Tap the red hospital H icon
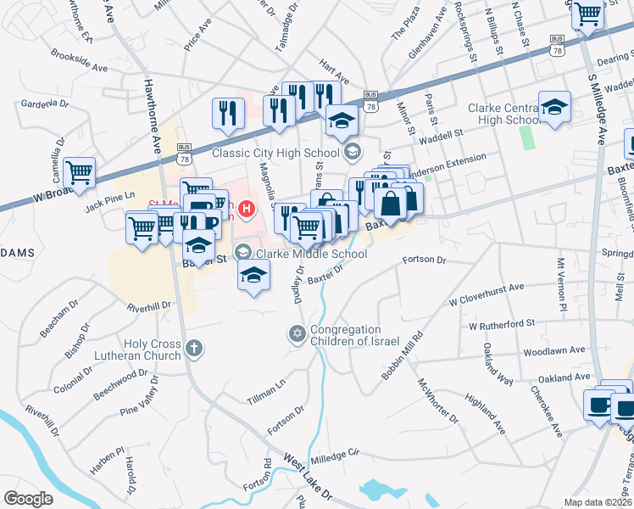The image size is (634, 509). pyautogui.click(x=247, y=206)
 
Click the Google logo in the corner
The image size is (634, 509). pyautogui.click(x=29, y=499)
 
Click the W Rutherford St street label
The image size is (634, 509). pyautogui.click(x=502, y=324)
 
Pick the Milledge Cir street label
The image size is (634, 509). pyautogui.click(x=335, y=456)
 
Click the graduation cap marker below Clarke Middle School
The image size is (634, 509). pyautogui.click(x=253, y=274)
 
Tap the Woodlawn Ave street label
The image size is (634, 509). pyautogui.click(x=554, y=350)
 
